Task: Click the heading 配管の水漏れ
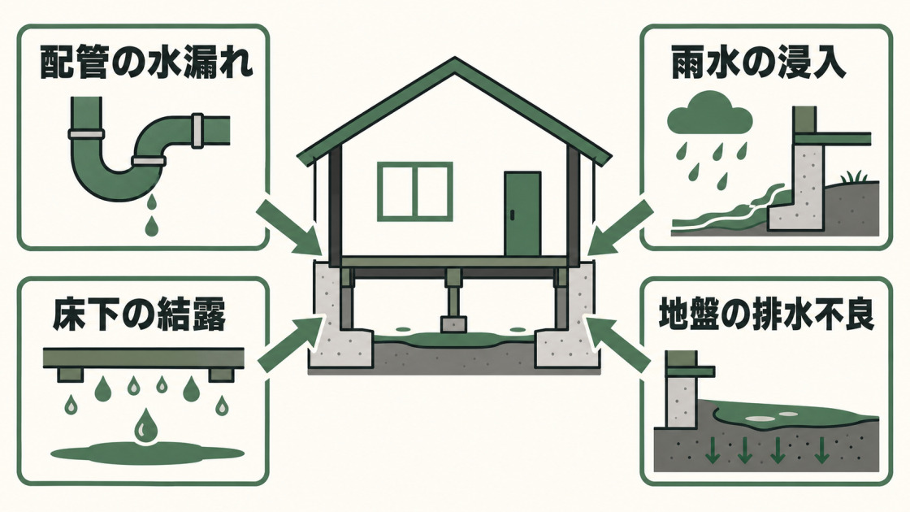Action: coord(146,63)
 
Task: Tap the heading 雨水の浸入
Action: coord(759,62)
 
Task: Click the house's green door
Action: coord(522,214)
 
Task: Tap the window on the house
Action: coord(414,192)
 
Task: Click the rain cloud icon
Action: coord(710,117)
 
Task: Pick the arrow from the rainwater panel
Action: coord(618,228)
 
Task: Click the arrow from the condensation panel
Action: coord(289,345)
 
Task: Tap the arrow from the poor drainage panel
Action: coord(618,345)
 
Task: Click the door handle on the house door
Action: coord(512,215)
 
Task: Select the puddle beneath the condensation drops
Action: coord(148,452)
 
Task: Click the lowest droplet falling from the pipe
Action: coord(151,227)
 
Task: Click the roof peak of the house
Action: coord(455,59)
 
